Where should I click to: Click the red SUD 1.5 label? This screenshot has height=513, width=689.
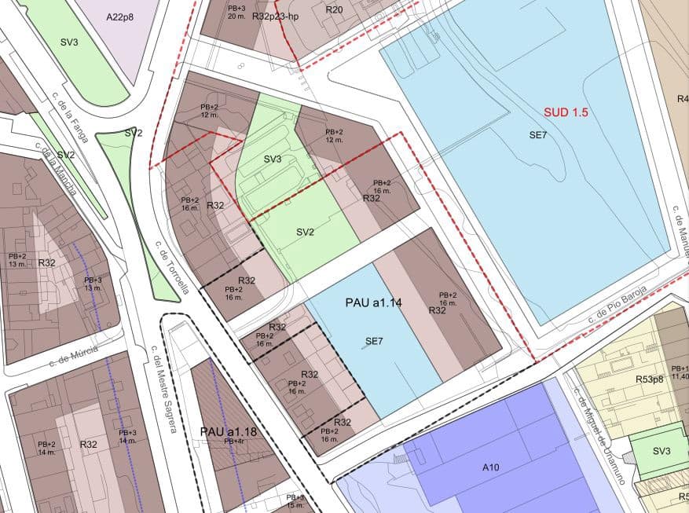click(566, 112)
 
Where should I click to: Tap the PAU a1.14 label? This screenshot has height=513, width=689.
click(373, 302)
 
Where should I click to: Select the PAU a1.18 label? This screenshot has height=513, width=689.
click(229, 431)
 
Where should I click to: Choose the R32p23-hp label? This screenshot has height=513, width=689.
click(276, 16)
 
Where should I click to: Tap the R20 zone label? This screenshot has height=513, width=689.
click(334, 9)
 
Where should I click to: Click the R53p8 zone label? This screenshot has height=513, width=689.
click(651, 379)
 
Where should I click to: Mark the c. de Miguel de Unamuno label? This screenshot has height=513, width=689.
click(599, 428)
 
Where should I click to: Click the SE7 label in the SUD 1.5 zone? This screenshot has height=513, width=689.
click(537, 135)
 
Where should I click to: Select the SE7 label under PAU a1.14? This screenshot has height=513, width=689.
click(374, 341)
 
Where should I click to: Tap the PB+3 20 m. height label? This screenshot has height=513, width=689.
click(236, 12)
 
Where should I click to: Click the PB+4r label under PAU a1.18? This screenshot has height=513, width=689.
click(233, 442)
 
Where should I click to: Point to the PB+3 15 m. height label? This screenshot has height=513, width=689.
click(295, 501)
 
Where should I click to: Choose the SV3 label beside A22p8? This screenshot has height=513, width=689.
click(68, 42)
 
